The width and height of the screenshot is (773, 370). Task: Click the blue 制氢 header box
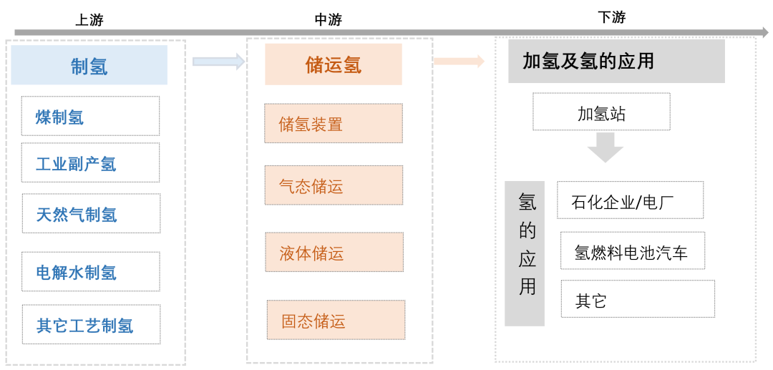[x=89, y=66]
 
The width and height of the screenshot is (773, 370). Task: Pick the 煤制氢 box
[x=90, y=116]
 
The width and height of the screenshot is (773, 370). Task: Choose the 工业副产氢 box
[x=90, y=163]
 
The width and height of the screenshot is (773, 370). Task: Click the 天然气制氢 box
[x=91, y=213]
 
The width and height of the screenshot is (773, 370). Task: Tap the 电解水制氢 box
[x=91, y=272]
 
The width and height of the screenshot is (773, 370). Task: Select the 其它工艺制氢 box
[x=91, y=325]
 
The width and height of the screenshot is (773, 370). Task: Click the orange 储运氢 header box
[x=334, y=65]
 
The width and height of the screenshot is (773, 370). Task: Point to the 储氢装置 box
[x=334, y=123]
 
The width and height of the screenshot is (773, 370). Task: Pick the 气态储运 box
[x=334, y=185]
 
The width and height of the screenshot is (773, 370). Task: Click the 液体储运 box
[x=334, y=252]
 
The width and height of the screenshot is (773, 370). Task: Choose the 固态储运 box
[x=336, y=320]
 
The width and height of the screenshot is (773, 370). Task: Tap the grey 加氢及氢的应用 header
[x=616, y=62]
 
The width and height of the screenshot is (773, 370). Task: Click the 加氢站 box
[x=602, y=112]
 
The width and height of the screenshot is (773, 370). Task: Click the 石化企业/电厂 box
[x=630, y=200]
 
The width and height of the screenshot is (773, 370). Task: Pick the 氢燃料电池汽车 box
[x=633, y=251]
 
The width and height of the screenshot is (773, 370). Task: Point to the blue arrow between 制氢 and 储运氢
[x=218, y=62]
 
